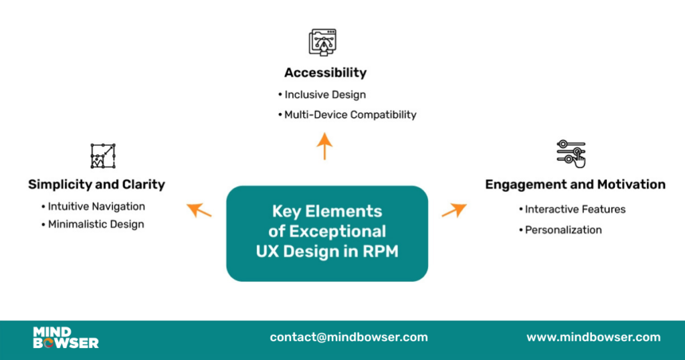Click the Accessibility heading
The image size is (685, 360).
(x=325, y=72)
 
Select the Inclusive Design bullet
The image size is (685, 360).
(x=324, y=94)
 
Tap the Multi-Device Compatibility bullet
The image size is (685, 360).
(x=349, y=114)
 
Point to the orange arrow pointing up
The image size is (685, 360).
(x=324, y=145)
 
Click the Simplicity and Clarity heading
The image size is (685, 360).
(x=96, y=184)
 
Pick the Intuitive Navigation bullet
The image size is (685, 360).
(x=96, y=206)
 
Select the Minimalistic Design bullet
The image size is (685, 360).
(x=95, y=224)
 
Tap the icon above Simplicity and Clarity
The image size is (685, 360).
(x=103, y=155)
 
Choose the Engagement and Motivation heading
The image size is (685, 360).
(x=575, y=184)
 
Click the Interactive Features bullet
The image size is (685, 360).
(x=575, y=209)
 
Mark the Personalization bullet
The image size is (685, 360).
(x=563, y=230)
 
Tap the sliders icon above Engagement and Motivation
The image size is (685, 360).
(x=571, y=153)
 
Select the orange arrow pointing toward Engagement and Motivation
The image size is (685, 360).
(x=454, y=210)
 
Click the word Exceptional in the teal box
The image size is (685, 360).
(x=337, y=231)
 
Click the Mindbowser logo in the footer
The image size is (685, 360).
(x=66, y=337)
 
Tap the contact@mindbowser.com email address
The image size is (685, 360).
(x=349, y=337)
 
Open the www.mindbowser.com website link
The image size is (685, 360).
(x=593, y=337)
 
